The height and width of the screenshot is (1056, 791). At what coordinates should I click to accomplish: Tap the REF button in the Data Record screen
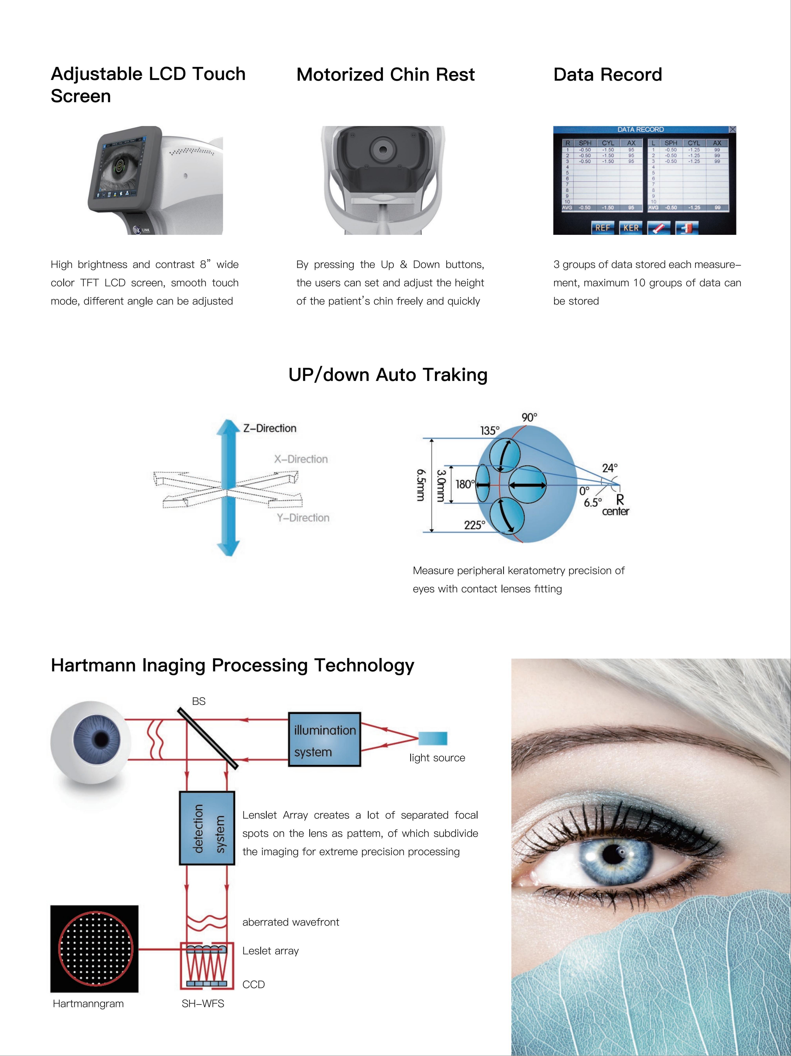tap(602, 228)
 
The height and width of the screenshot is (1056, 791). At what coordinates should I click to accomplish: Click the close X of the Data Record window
tap(732, 129)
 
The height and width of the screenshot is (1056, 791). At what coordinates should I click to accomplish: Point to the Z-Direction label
tap(270, 428)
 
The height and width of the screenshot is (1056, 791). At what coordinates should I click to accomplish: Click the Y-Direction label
tap(303, 517)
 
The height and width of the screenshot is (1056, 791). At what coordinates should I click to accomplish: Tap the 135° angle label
tap(490, 431)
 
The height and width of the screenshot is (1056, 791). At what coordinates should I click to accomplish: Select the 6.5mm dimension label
tap(420, 484)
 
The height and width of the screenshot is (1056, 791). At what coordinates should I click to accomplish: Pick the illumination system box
tap(325, 740)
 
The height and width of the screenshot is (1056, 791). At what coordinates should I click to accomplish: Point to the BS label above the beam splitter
tap(199, 701)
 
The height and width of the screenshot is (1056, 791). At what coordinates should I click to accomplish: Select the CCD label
tap(254, 984)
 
